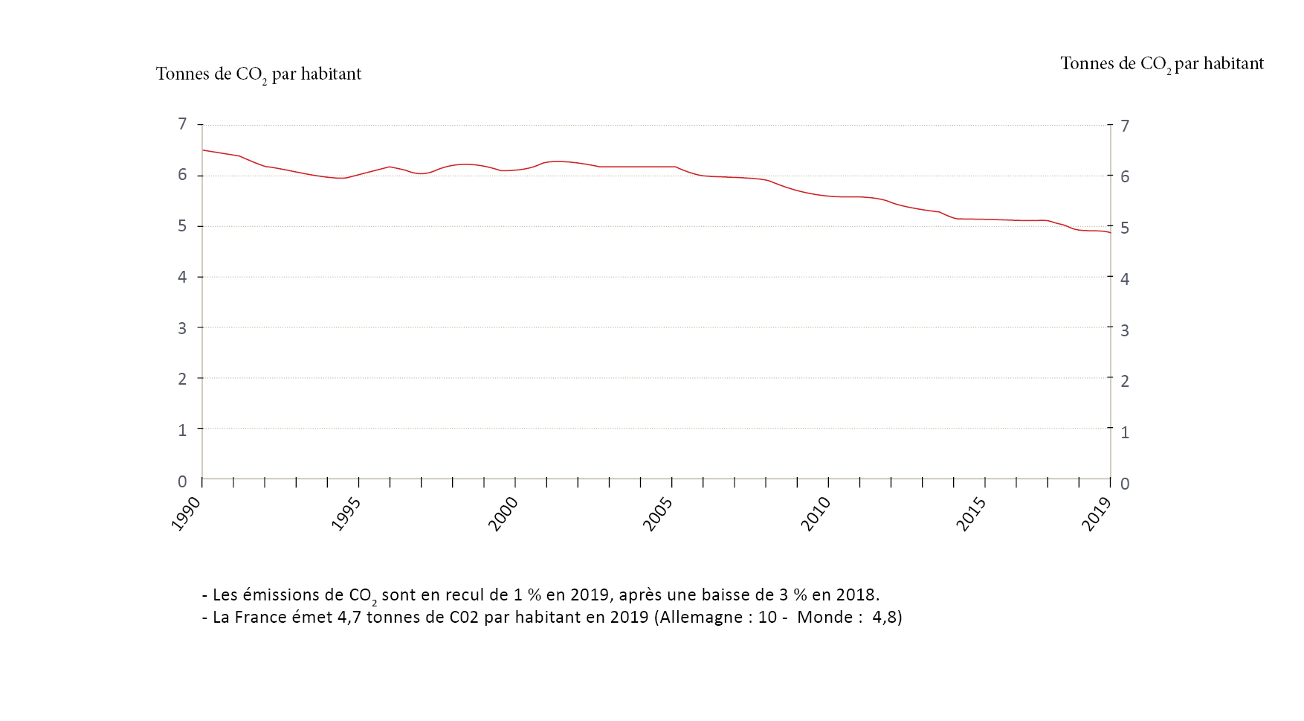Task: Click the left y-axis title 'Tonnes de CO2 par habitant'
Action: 258,74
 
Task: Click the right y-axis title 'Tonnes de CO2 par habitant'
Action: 1161,64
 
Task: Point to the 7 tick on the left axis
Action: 182,124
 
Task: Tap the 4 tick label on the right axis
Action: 1124,279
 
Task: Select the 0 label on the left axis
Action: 182,481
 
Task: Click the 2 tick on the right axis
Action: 1124,381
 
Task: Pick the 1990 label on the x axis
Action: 186,513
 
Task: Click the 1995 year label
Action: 346,513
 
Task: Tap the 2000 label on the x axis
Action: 503,513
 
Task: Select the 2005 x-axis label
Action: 658,513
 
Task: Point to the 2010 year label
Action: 816,513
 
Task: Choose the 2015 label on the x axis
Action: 971,513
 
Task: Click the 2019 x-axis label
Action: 1097,513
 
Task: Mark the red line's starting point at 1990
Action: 203,150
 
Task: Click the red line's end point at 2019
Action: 1110,233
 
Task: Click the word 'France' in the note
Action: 259,618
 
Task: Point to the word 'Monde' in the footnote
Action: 824,618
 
